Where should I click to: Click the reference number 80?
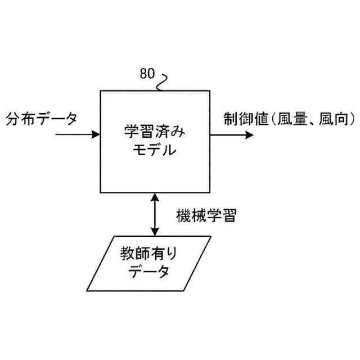pos(148,73)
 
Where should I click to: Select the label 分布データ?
pos(42,119)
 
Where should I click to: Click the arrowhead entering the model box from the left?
pos(96,135)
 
